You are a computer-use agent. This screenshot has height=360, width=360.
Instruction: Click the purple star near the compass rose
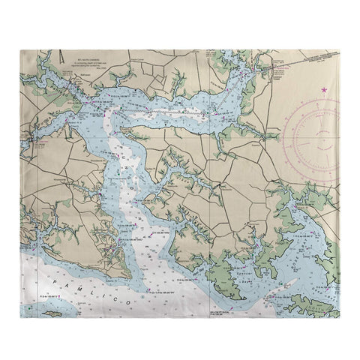[x=324, y=90]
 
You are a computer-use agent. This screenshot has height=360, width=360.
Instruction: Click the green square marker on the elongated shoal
[x=288, y=287]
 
